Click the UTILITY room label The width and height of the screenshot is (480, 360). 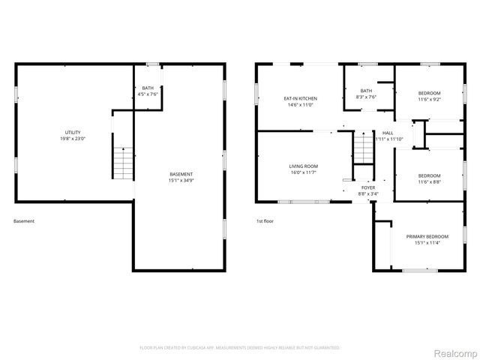tap(73, 132)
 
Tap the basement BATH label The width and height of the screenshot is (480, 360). tap(148, 88)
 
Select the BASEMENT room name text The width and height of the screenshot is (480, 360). tap(181, 174)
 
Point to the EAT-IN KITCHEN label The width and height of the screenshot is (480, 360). tap(300, 98)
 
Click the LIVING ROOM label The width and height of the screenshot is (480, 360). tap(304, 166)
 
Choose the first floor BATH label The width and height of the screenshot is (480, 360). tap(366, 90)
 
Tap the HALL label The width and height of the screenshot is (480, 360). tap(388, 133)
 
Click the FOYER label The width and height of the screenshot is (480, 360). tap(368, 187)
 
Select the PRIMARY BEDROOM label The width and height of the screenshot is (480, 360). tap(422, 236)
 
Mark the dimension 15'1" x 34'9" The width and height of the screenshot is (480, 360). tap(181, 181)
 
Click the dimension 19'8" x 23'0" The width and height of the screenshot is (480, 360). tap(73, 139)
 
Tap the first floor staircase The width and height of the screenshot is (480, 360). tap(364, 148)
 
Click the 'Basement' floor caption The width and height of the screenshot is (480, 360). tap(24, 221)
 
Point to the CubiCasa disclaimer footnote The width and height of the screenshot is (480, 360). tap(240, 348)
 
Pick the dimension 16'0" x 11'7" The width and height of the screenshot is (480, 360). tap(304, 172)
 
